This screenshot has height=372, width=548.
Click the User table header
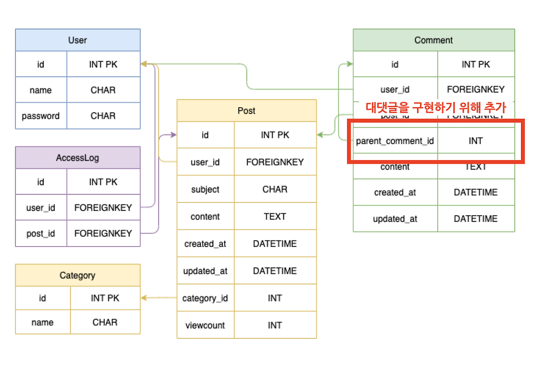pos(77,40)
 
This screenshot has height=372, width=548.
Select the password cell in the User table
pos(41,116)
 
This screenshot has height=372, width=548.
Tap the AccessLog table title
pos(77,158)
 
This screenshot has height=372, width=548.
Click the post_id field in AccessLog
pos(41,234)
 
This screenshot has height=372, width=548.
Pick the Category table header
pos(77,275)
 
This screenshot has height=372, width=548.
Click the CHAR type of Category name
pos(105,322)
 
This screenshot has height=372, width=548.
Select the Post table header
pos(247,111)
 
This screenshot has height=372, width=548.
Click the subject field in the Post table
pos(205,189)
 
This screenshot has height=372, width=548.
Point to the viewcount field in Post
pos(205,325)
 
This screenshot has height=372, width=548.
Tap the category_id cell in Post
pos(205,298)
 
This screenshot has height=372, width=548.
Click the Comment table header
pos(433,40)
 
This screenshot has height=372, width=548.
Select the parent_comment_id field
pos(395,141)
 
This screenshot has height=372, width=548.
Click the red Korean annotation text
pos(436,107)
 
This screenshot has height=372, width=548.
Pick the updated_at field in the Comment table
pos(395,219)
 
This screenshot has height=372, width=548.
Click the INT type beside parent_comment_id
pos(476,141)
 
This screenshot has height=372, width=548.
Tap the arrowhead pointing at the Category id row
pos(144,298)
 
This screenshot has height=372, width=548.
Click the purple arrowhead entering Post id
pos(173,135)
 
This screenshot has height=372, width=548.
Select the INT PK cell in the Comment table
pos(476,65)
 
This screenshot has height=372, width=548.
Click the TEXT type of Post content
pos(275,217)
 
